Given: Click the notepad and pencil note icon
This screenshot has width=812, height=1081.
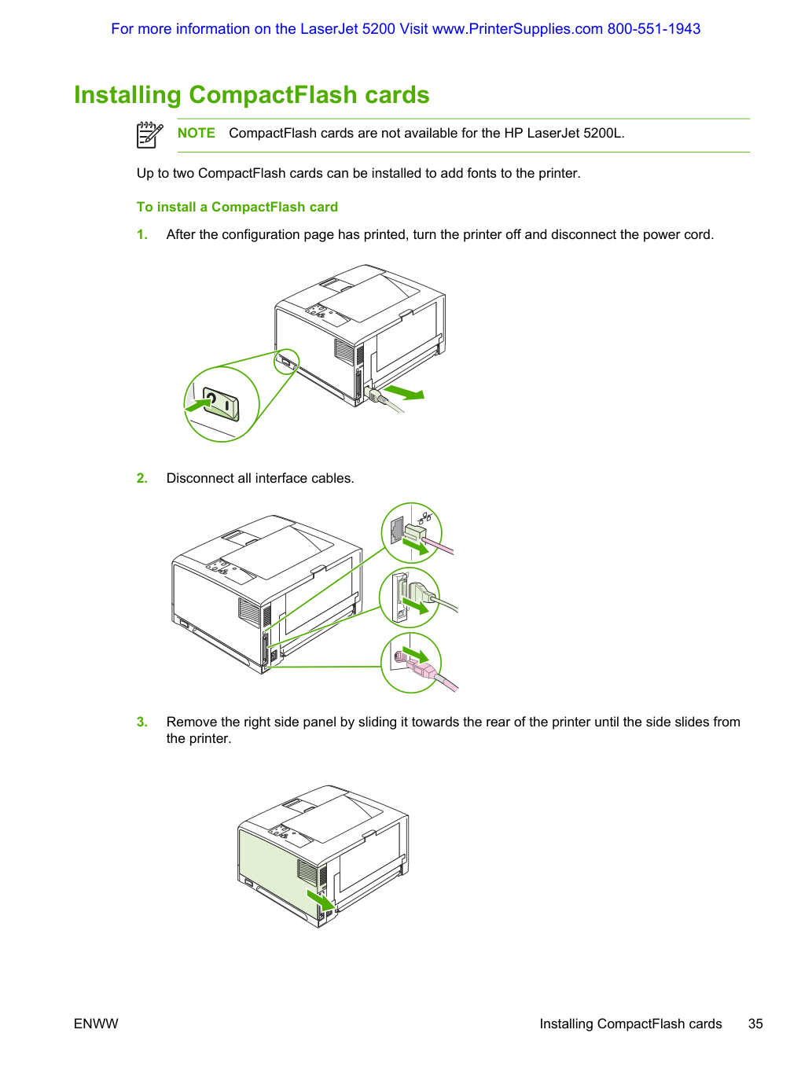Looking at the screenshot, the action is pyautogui.click(x=149, y=134).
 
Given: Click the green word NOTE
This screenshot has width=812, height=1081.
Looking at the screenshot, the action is pyautogui.click(x=196, y=133).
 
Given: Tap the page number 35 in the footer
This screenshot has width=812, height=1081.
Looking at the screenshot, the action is pyautogui.click(x=755, y=1024).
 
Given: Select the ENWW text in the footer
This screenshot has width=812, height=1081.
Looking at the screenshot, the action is pyautogui.click(x=96, y=1024).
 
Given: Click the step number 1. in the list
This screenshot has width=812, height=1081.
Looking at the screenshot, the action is pyautogui.click(x=142, y=234).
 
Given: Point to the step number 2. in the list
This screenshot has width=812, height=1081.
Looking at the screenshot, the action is pyautogui.click(x=142, y=478).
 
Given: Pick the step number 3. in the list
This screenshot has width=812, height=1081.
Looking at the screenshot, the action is pyautogui.click(x=142, y=722).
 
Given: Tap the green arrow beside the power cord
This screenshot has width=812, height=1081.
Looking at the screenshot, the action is pyautogui.click(x=404, y=392).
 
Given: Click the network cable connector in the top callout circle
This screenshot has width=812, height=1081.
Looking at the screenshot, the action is pyautogui.click(x=415, y=533).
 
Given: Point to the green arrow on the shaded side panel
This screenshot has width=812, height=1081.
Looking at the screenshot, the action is pyautogui.click(x=320, y=899).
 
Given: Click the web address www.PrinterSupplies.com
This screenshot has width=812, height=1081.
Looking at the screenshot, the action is pyautogui.click(x=517, y=29).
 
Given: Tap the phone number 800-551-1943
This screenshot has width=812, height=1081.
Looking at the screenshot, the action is pyautogui.click(x=654, y=29).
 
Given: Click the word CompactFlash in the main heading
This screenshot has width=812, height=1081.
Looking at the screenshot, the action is pyautogui.click(x=273, y=94).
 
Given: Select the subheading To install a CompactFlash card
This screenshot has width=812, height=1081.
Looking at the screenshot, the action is pyautogui.click(x=237, y=207).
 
